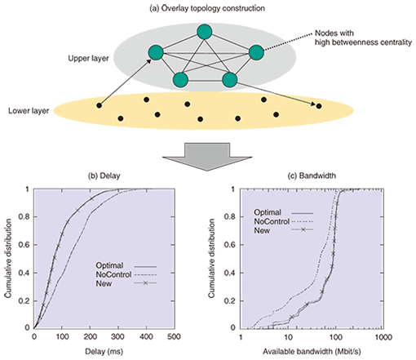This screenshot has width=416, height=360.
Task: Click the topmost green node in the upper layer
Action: point(205,32)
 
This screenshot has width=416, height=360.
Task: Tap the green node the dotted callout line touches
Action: point(256,52)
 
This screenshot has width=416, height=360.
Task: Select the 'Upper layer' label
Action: point(88,59)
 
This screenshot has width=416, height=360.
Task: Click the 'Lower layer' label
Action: point(29,111)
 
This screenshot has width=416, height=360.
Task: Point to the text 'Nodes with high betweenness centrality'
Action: point(363,38)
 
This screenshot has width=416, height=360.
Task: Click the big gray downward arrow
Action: point(207,157)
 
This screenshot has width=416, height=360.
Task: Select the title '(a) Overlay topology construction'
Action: point(207,8)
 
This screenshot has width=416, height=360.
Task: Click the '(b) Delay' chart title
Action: point(104,176)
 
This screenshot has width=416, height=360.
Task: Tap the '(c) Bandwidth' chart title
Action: point(312,176)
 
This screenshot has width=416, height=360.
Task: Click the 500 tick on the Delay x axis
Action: point(174,337)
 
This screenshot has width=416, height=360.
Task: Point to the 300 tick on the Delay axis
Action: point(117,337)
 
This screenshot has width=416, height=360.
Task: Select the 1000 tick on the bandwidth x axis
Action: point(383,337)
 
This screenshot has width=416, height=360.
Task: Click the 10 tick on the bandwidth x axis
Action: point(288,337)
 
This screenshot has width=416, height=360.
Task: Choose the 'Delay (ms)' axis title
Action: point(104,352)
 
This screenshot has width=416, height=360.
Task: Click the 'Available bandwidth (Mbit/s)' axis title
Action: point(312,352)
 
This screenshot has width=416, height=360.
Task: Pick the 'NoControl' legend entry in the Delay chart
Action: point(113,274)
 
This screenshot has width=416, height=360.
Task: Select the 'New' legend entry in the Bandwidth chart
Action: point(262,231)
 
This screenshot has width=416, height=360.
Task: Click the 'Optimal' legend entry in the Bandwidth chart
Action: point(268,212)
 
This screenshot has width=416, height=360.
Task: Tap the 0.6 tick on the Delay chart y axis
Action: point(24,245)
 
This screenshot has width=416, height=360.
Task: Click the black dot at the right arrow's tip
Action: point(319,106)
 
